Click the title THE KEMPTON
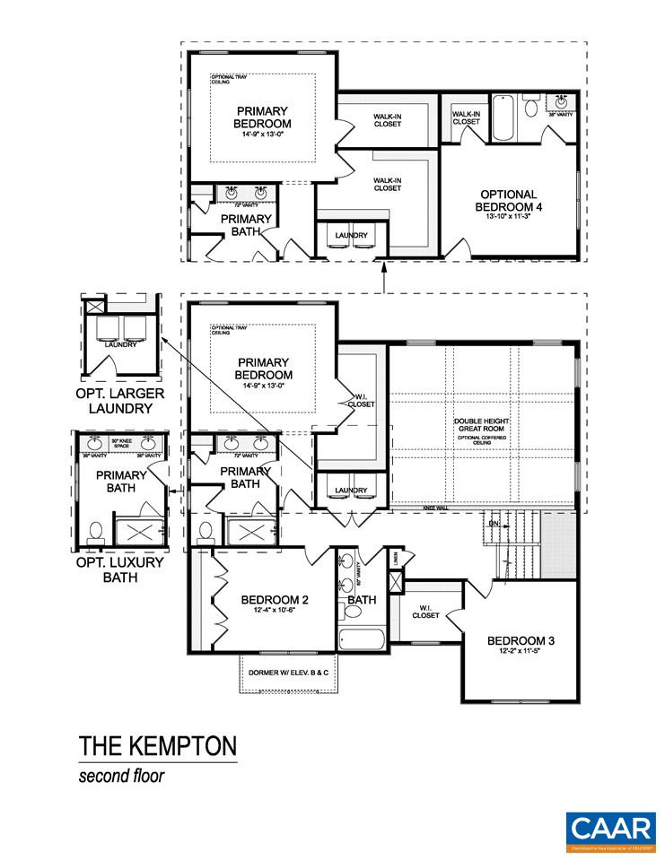(x=157, y=746)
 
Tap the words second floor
(x=121, y=776)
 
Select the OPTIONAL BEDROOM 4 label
(x=508, y=200)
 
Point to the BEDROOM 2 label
(x=276, y=600)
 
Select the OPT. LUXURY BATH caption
(x=120, y=569)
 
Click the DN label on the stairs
(x=493, y=523)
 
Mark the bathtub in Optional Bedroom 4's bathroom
(x=502, y=118)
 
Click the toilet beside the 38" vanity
(x=531, y=109)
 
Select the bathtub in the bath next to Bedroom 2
(x=362, y=641)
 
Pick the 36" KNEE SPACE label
(x=121, y=443)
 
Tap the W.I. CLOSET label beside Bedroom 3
(x=426, y=612)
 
